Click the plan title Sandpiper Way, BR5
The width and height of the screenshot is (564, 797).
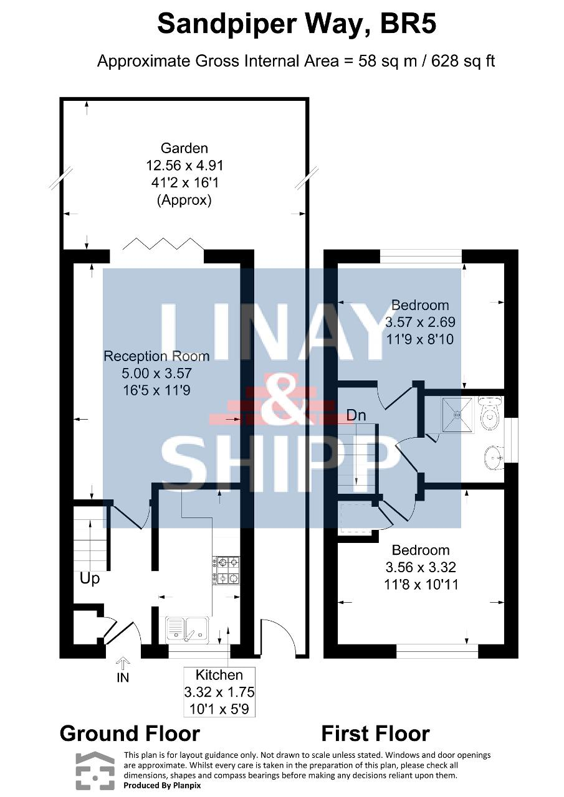(297, 24)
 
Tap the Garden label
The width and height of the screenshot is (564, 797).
(184, 148)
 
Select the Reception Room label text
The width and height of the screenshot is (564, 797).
(156, 356)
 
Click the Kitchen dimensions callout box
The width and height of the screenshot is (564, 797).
(219, 692)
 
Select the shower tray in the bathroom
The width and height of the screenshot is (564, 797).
(457, 415)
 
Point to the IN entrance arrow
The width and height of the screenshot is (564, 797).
(123, 664)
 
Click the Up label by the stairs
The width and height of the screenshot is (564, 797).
(90, 579)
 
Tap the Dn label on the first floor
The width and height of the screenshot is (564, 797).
(356, 415)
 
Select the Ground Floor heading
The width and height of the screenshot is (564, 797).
(130, 733)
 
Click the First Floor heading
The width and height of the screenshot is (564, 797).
(375, 733)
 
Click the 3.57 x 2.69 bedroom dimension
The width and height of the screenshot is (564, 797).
(420, 322)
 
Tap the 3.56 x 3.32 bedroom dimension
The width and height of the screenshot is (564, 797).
(421, 567)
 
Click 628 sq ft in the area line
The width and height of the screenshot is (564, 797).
(463, 61)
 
